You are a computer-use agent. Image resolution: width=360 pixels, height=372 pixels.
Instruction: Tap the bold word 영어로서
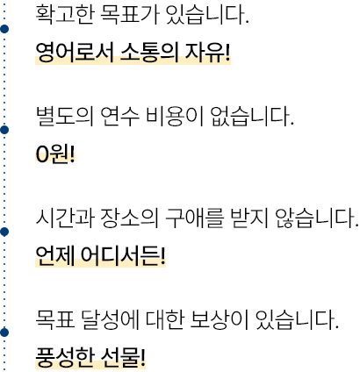(75, 53)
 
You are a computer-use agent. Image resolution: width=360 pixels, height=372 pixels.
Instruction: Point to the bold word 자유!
(207, 53)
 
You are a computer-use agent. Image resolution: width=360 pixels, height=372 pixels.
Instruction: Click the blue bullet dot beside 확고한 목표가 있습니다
(4, 29)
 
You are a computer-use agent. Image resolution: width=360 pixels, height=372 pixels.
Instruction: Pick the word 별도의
(65, 116)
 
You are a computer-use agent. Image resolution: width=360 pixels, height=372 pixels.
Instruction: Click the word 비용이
(175, 116)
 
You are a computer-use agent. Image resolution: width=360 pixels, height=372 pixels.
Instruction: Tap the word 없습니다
(252, 116)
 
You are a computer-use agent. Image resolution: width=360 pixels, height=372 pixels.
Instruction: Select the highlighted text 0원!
(55, 154)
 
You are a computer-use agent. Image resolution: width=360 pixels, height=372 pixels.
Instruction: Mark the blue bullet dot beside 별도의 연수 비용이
(4, 130)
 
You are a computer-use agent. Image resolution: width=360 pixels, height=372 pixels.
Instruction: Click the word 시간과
(65, 218)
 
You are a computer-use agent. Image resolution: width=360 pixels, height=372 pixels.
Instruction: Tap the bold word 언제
(55, 255)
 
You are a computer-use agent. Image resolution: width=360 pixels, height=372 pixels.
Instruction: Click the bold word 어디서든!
(123, 255)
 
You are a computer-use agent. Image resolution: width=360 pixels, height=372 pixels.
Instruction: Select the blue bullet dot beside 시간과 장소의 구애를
(4, 232)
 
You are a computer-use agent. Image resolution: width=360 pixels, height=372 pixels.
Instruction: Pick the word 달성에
(110, 319)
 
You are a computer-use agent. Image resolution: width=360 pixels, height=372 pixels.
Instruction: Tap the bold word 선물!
(123, 357)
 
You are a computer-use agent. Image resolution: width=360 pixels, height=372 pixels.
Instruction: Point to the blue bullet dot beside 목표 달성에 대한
(4, 333)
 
